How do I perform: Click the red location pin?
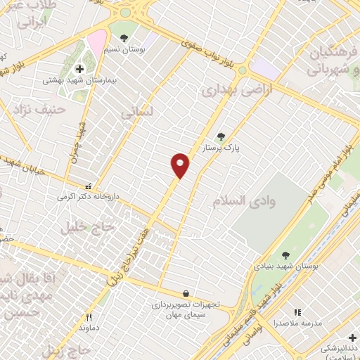(x=181, y=165)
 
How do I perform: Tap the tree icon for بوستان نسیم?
(x=124, y=38)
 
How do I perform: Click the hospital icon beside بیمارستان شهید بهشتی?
(x=79, y=69)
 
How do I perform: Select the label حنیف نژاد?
(x=44, y=109)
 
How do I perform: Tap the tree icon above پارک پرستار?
(x=221, y=137)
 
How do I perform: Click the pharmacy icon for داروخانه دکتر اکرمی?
(x=88, y=187)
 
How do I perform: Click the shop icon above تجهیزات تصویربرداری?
(x=185, y=294)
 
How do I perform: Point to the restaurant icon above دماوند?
(x=89, y=317)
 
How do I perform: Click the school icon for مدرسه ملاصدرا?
(x=297, y=311)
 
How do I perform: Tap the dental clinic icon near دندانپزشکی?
(x=352, y=337)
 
